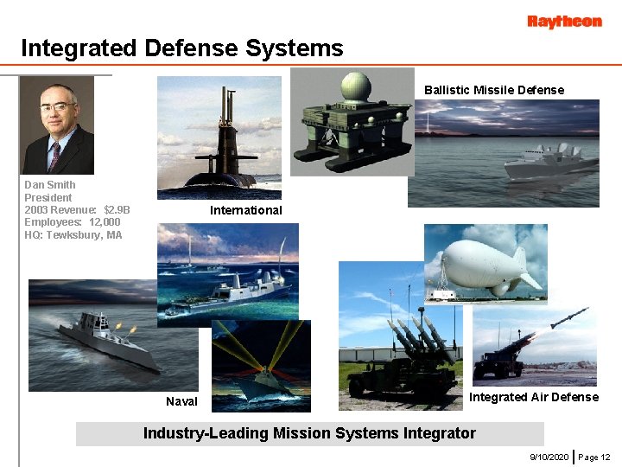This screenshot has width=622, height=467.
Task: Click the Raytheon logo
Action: pos(564,22)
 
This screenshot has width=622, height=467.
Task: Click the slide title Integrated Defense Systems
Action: pos(182,48)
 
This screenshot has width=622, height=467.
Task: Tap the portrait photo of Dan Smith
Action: pos(57,125)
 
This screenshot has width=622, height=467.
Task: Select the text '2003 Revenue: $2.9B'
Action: pos(77,209)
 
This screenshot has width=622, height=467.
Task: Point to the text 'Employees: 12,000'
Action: pos(73,222)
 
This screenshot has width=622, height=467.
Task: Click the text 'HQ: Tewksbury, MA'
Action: pos(73,234)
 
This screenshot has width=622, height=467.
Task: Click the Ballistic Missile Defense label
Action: pos(493,90)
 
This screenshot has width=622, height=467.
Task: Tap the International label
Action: pos(245,210)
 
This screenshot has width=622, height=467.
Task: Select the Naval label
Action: pos(181,401)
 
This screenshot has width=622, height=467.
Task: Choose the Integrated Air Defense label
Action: pos(533,397)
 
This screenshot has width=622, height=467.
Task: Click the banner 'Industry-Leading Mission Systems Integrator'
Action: pos(309,433)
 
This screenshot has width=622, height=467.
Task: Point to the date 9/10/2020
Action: pos(549,456)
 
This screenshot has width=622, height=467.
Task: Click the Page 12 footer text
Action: pos(594,456)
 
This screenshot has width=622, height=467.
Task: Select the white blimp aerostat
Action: pos(486,264)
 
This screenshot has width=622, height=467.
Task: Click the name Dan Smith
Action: pos(49,185)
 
